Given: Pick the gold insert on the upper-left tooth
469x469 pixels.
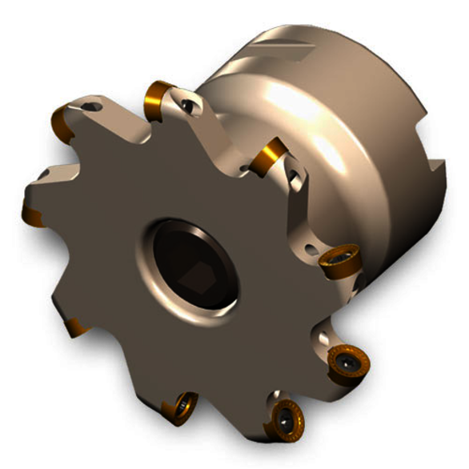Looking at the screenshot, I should (62, 121).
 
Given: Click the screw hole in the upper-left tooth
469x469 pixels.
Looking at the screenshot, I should (93, 106).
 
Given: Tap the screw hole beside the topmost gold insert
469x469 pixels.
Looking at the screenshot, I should (189, 104).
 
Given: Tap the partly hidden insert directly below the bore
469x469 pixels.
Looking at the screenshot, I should (181, 407).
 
